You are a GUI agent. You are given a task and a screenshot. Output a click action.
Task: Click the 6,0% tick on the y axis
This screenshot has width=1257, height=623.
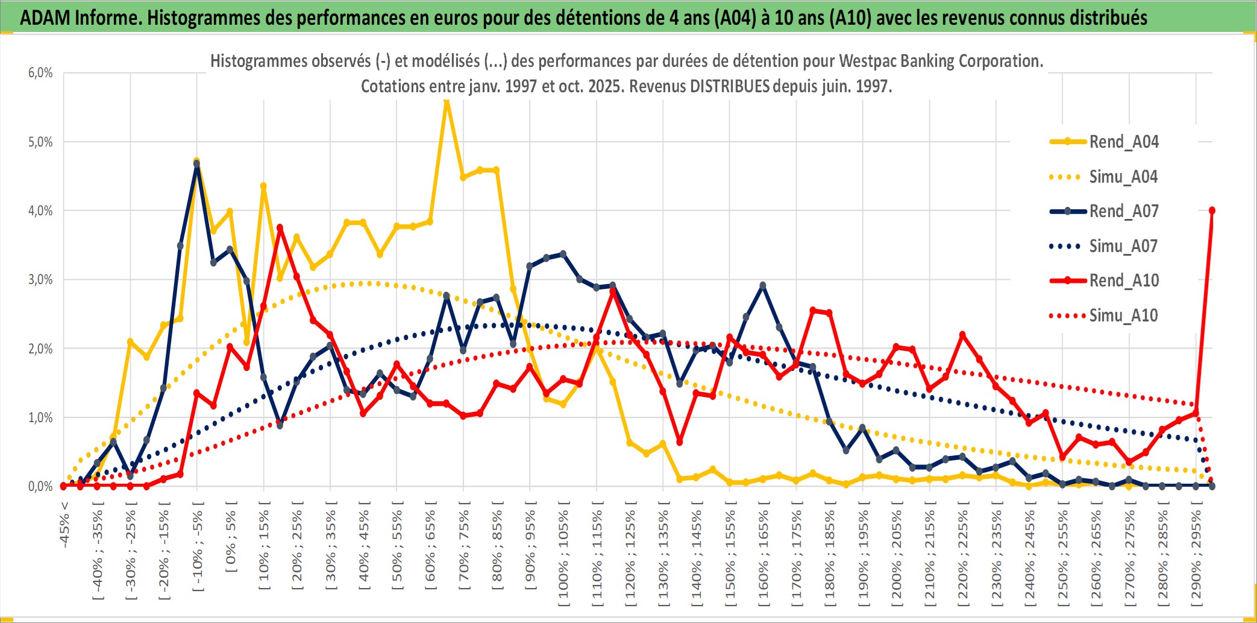(x=40, y=73)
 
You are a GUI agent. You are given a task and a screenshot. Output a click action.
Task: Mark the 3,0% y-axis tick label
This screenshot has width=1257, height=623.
(x=40, y=280)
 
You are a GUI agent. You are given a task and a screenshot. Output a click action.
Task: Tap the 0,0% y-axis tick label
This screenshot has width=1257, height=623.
(x=40, y=487)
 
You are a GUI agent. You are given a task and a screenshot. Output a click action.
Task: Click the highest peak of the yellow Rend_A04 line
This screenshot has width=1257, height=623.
(x=447, y=101)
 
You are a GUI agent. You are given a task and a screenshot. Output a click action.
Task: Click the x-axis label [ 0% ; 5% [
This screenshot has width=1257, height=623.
(x=231, y=537)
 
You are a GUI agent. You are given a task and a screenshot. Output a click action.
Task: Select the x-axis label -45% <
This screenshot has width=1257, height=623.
(x=64, y=525)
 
